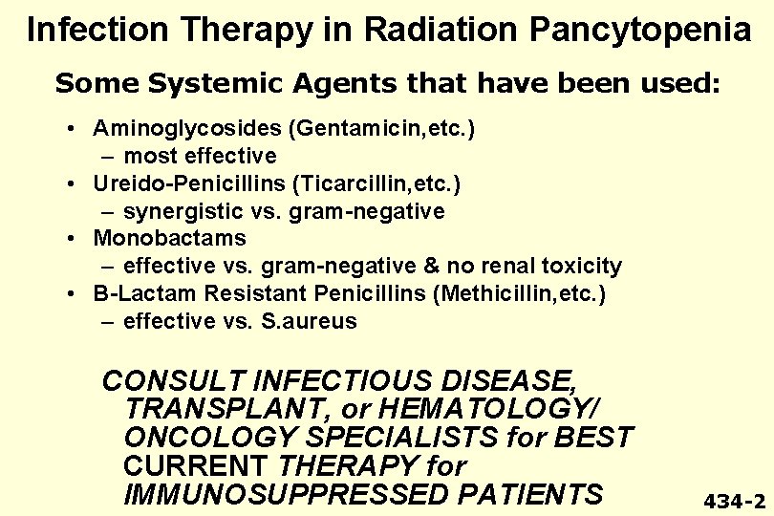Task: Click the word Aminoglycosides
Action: [x=171, y=128]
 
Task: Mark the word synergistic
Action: [x=178, y=211]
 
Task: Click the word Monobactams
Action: [x=169, y=238]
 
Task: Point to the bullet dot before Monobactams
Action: [x=73, y=238]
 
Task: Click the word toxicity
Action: [x=583, y=266]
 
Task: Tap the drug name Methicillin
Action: [x=495, y=293]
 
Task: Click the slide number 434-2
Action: [x=734, y=501]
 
